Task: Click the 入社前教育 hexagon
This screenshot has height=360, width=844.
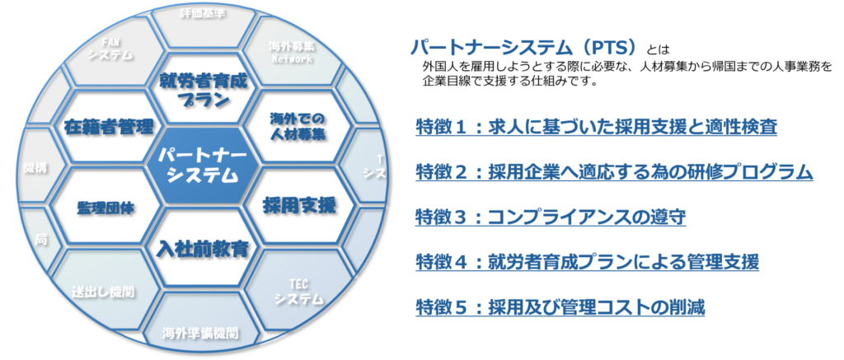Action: coord(201,245)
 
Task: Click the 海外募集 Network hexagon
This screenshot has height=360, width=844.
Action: coord(292,53)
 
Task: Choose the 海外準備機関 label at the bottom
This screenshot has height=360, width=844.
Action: coord(200,334)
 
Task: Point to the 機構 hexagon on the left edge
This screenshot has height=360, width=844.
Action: coord(34,166)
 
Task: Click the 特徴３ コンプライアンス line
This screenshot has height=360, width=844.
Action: coord(551,217)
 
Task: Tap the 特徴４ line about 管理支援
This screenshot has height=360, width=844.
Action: coord(586,262)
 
